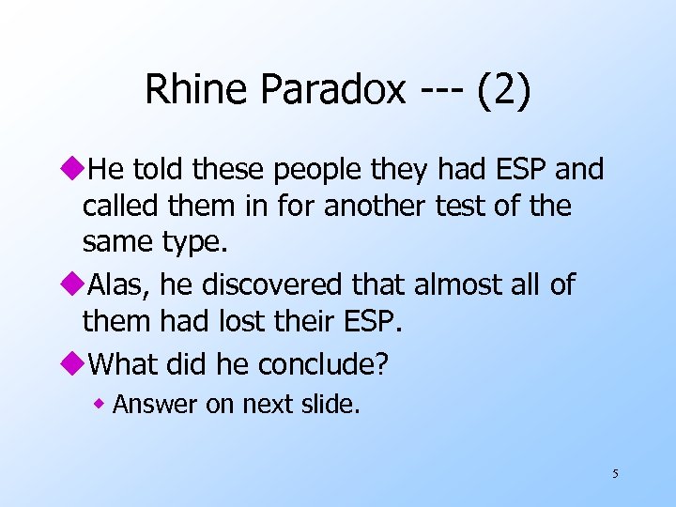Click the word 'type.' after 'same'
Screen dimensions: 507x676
tap(192, 244)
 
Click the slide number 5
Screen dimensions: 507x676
tap(615, 474)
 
